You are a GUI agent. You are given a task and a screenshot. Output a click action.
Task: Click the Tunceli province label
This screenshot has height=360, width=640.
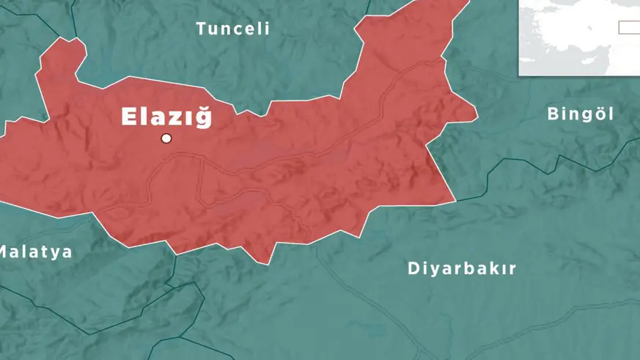[233, 29]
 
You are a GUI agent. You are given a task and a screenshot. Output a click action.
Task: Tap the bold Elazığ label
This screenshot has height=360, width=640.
[166, 117]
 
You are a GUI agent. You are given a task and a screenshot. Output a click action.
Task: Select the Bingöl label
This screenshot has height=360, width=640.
[581, 114]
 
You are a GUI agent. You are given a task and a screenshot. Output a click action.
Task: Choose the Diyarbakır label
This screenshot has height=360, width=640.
[462, 268]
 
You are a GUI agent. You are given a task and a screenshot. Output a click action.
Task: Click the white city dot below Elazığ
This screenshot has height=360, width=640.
[166, 138]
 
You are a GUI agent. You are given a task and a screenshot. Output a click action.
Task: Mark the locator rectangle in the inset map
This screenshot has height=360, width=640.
[628, 27]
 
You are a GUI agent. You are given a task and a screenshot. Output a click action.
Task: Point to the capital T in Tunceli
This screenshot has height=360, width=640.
[201, 29]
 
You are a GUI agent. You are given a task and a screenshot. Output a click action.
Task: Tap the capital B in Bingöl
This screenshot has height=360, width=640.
[553, 114]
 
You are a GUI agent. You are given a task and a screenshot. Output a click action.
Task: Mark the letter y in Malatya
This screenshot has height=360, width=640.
[57, 254]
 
